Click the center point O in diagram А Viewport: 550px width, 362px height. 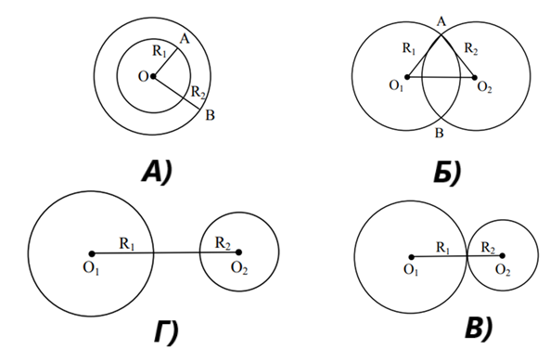click(x=153, y=76)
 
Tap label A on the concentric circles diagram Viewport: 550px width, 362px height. click(x=185, y=39)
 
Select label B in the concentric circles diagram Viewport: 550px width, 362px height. click(x=210, y=115)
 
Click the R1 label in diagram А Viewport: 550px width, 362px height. click(x=160, y=51)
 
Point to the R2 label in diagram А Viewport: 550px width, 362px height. click(x=198, y=93)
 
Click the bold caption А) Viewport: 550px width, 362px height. click(x=157, y=172)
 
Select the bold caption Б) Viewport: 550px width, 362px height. click(x=447, y=172)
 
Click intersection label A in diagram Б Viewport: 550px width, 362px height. click(x=441, y=21)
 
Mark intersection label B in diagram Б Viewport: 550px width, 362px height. click(x=439, y=133)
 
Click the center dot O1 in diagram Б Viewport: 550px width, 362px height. click(x=407, y=77)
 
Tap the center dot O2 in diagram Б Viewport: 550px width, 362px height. click(x=475, y=78)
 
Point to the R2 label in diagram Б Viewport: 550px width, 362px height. click(x=471, y=48)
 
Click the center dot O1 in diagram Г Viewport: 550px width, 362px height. click(x=92, y=253)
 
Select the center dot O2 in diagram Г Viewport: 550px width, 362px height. click(x=239, y=252)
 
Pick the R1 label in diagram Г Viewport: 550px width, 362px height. click(x=127, y=244)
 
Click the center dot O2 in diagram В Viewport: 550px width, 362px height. click(x=503, y=255)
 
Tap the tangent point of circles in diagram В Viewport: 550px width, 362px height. click(x=467, y=256)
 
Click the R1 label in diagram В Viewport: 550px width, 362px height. click(x=443, y=248)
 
